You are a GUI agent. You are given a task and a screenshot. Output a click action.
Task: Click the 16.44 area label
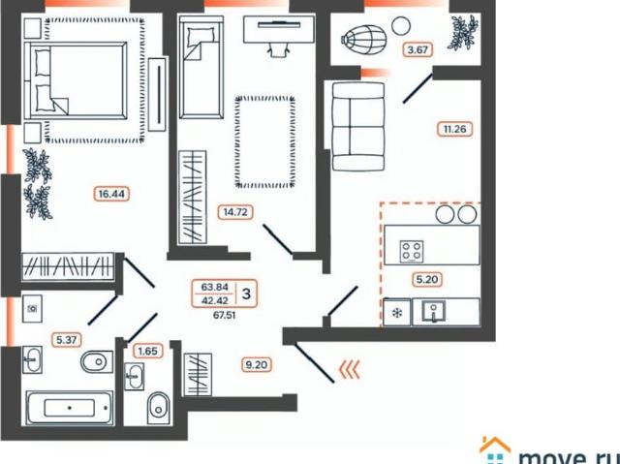[112, 194]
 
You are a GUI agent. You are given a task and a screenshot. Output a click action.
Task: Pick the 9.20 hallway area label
[256, 365]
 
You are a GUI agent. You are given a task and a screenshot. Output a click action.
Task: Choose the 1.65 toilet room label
[148, 351]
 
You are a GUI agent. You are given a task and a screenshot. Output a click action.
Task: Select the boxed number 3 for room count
[248, 293]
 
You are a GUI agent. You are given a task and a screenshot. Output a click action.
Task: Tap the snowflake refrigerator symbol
[395, 312]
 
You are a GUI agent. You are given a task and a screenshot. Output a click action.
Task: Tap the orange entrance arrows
[349, 368]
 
